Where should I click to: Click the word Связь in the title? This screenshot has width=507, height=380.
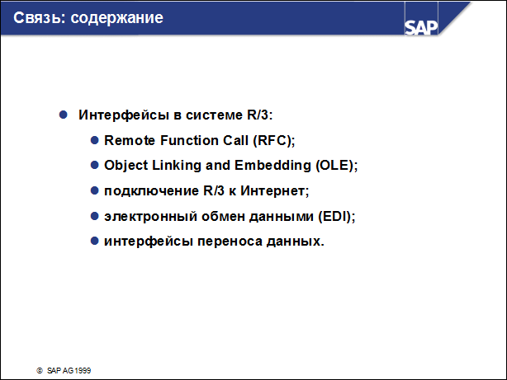coord(29,17)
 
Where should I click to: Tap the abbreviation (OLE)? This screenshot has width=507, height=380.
coord(335,165)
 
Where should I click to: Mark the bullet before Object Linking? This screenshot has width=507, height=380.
coord(95,165)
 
